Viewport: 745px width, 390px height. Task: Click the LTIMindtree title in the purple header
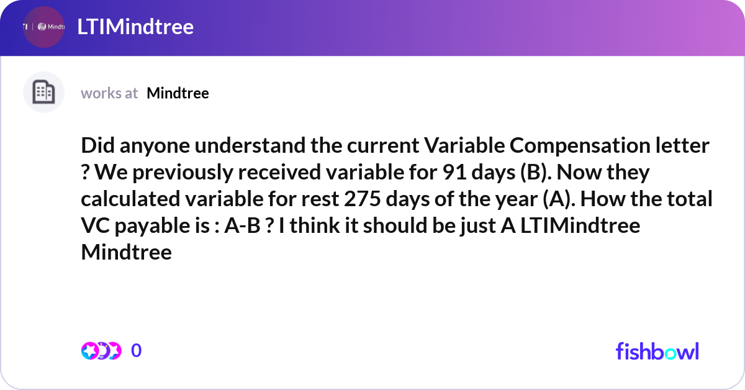(x=135, y=27)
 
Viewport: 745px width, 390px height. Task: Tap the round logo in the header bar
(x=43, y=27)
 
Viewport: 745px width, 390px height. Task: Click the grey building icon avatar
(x=43, y=93)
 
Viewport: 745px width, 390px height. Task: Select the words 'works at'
(x=109, y=93)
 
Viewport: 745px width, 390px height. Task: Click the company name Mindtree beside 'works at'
(x=178, y=93)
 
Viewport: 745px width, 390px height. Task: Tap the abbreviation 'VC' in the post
(x=95, y=226)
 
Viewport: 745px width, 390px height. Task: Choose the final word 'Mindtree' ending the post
(x=126, y=253)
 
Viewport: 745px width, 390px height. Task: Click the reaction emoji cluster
(x=101, y=351)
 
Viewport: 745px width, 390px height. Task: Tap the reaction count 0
(x=137, y=351)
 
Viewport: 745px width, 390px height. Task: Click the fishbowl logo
(x=657, y=351)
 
